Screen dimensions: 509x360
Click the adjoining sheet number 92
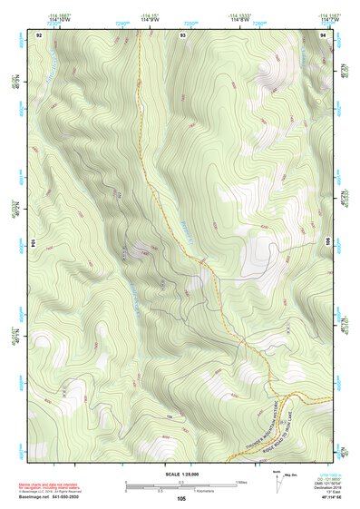pyautogui.click(x=39, y=34)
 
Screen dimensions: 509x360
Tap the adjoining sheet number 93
pyautogui.click(x=182, y=34)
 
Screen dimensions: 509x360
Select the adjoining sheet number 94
pyautogui.click(x=324, y=34)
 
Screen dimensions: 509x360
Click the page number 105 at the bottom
pyautogui.click(x=181, y=499)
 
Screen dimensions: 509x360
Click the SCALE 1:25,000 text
pyautogui.click(x=181, y=474)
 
